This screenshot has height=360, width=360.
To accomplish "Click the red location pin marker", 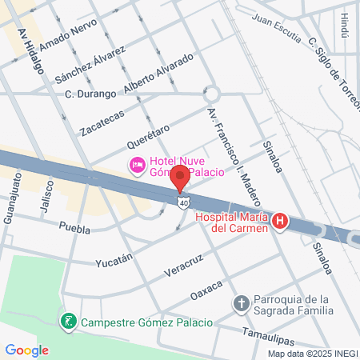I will point(181,178).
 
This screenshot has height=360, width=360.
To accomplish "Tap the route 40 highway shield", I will point(184,203).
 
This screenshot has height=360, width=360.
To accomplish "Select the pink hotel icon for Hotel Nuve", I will point(137,165).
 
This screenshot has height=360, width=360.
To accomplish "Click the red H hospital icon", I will point(280,222).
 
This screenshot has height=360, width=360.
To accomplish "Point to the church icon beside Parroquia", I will point(241,303).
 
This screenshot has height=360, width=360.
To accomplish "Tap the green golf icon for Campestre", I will point(70,322).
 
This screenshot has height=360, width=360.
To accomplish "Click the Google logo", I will point(26,350).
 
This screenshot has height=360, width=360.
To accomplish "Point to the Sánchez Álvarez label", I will point(90,65).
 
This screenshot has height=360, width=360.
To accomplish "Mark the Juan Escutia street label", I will point(278,26).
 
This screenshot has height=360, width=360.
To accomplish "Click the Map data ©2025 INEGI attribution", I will point(313,353).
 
